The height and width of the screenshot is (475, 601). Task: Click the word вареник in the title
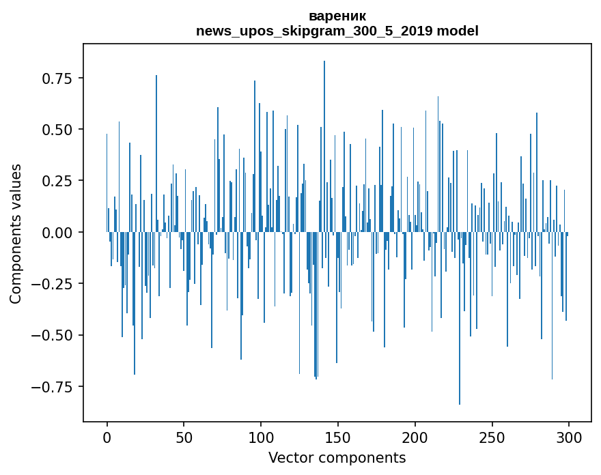click(x=337, y=16)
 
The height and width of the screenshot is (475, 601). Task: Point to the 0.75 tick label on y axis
click(x=58, y=78)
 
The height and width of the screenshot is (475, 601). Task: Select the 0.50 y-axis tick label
click(x=58, y=130)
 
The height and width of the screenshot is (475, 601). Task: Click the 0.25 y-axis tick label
click(x=58, y=181)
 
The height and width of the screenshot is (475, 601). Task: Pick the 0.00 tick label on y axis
click(x=58, y=233)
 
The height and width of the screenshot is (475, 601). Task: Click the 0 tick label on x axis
click(x=107, y=437)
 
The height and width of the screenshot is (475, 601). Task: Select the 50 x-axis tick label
click(x=184, y=437)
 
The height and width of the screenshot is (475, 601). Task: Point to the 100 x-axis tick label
click(x=261, y=437)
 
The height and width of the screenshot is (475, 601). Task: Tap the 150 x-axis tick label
click(x=338, y=437)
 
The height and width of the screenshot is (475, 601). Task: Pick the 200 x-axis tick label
click(x=415, y=437)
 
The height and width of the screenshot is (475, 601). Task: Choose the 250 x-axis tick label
click(x=492, y=437)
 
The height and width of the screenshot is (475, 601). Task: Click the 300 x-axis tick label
click(x=570, y=437)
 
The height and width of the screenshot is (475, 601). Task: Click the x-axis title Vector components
click(x=337, y=458)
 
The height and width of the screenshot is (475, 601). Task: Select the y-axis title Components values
click(x=16, y=233)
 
